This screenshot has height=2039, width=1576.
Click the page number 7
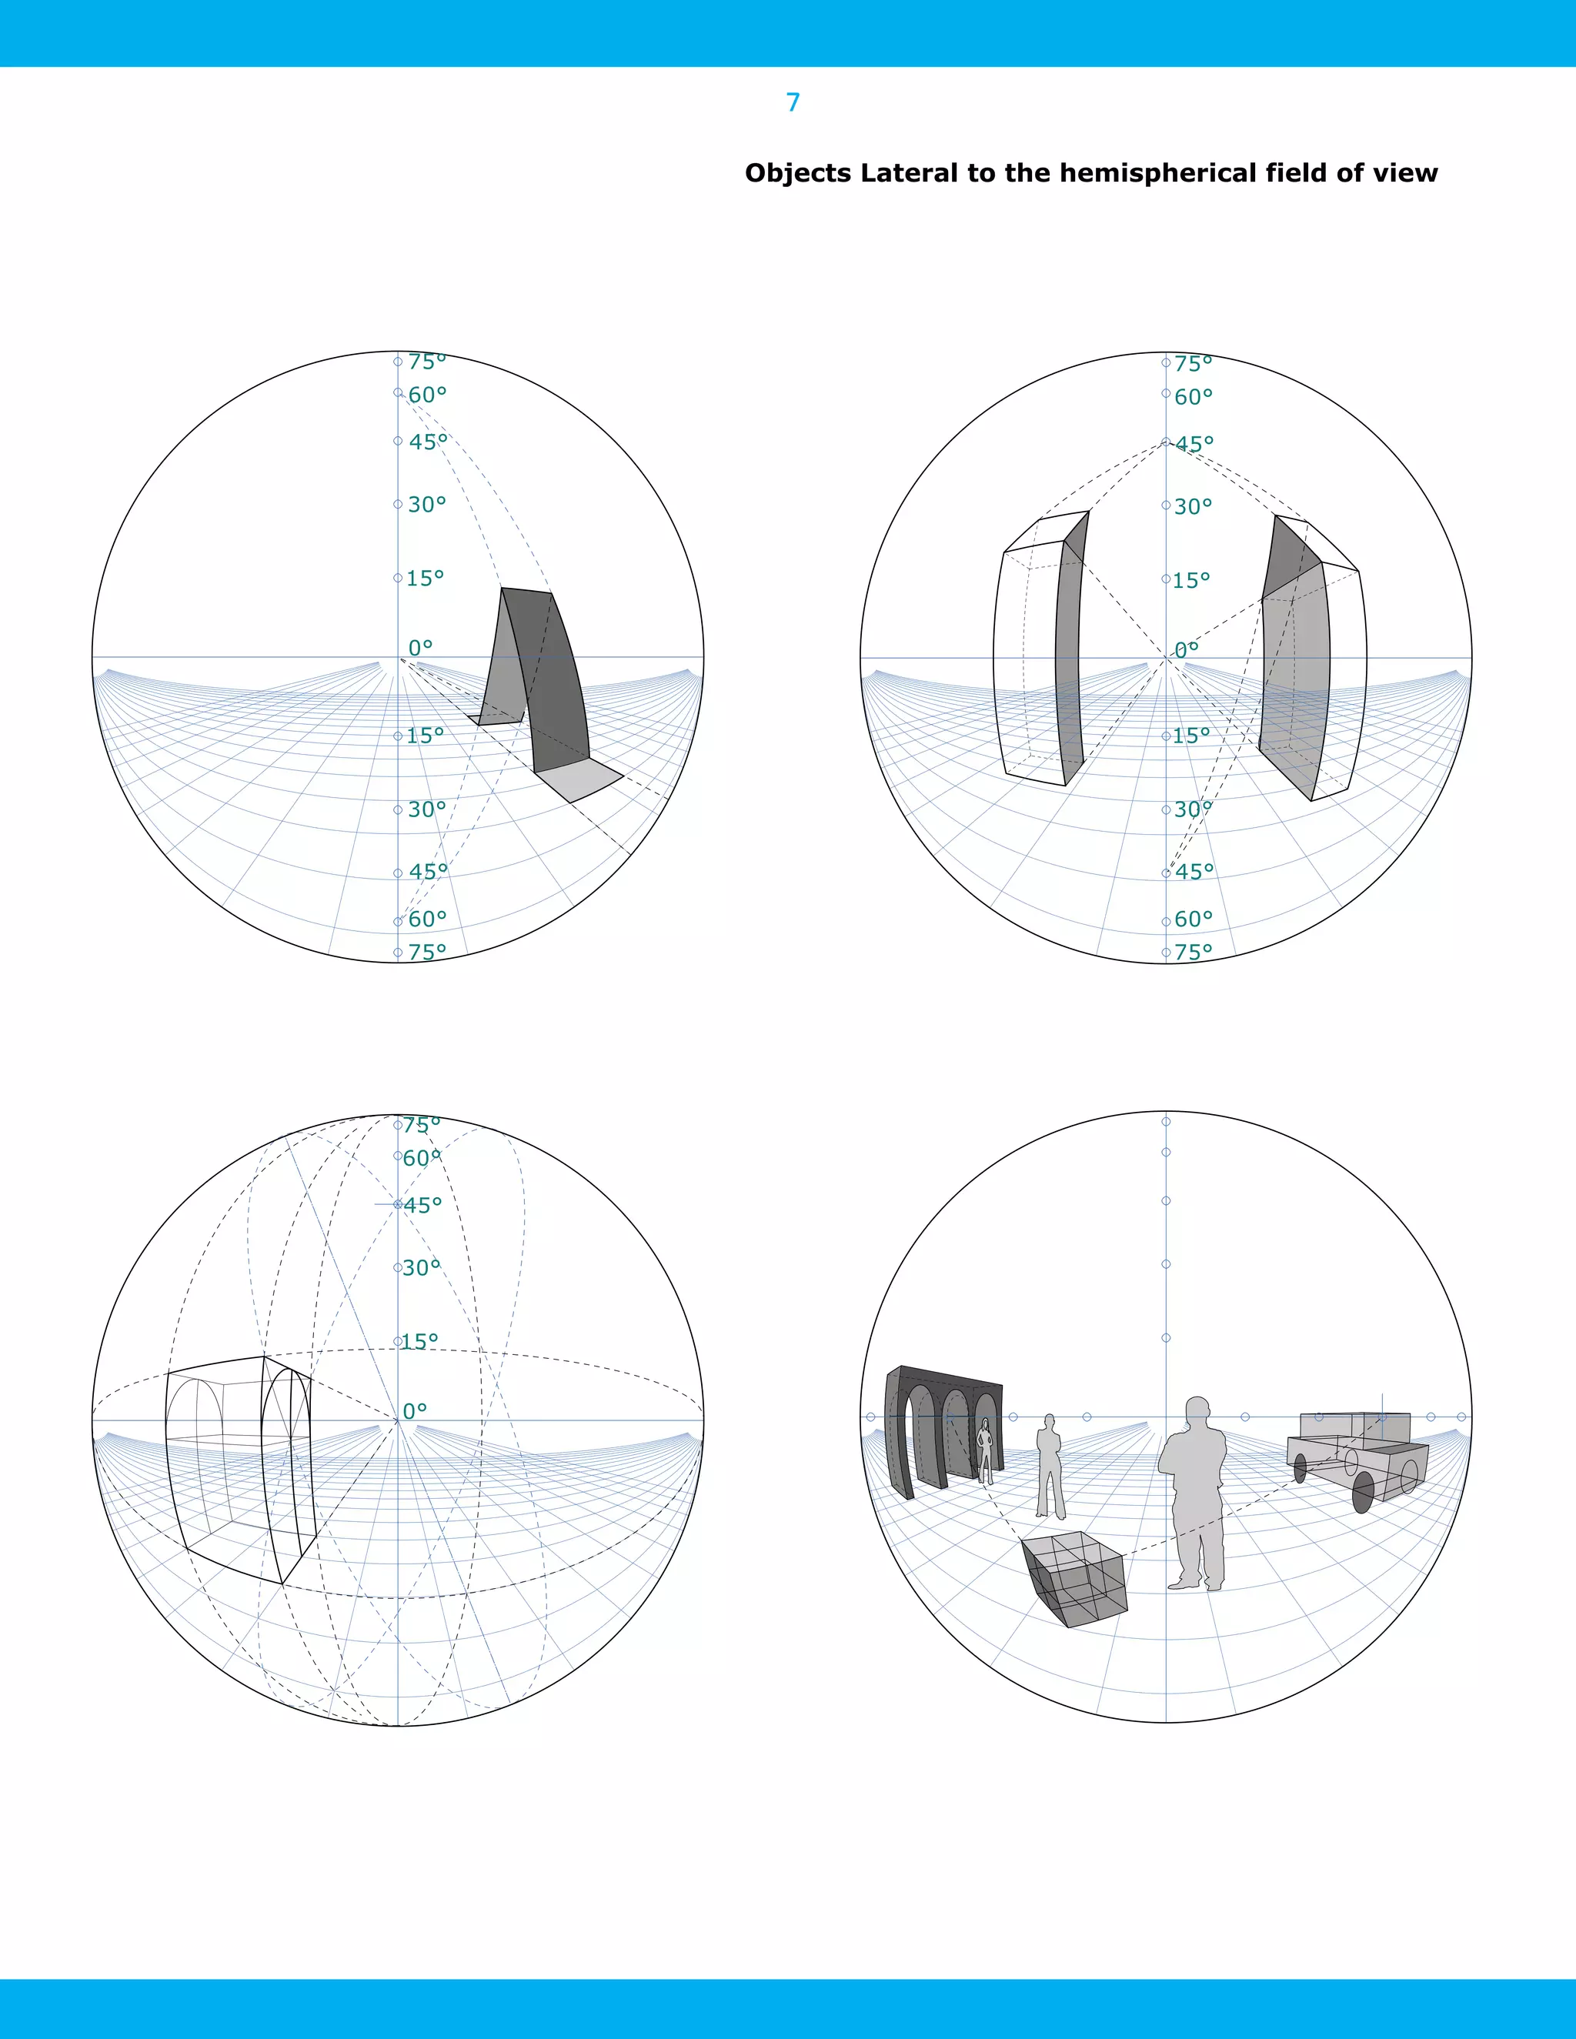point(793,102)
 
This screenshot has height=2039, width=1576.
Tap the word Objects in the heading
point(798,174)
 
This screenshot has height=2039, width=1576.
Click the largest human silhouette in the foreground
point(1195,1493)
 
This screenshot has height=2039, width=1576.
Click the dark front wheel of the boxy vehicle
point(1363,1492)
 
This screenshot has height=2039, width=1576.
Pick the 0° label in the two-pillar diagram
point(1187,650)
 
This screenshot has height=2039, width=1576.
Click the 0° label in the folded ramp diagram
point(420,648)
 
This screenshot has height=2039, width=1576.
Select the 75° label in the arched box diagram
point(421,1125)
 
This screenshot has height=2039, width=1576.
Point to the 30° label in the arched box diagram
point(421,1268)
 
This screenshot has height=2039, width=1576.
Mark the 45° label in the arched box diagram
point(423,1205)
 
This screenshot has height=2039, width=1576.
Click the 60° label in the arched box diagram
point(422,1159)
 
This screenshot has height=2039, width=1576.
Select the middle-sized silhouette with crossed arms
point(1050,1466)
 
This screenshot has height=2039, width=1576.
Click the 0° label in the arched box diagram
point(415,1410)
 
